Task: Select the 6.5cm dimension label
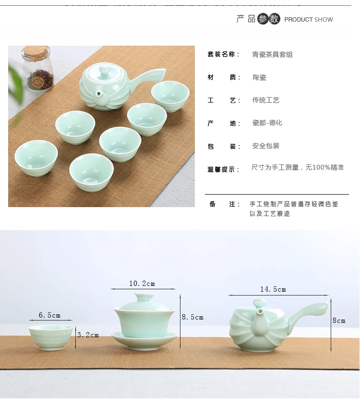click(x=49, y=315)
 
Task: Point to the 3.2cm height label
click(x=88, y=335)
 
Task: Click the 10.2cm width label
click(x=142, y=284)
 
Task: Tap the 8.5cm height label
click(x=192, y=317)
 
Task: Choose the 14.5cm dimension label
click(x=273, y=289)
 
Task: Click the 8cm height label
click(x=339, y=321)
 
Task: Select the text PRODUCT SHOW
click(x=309, y=20)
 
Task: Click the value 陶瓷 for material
click(x=259, y=77)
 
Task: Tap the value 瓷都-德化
click(x=267, y=123)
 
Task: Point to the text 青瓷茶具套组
click(x=272, y=54)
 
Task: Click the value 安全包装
click(x=266, y=146)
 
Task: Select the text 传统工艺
click(x=266, y=100)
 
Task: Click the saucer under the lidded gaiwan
click(x=144, y=340)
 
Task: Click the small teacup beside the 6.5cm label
click(x=51, y=338)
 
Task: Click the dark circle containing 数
click(x=274, y=19)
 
